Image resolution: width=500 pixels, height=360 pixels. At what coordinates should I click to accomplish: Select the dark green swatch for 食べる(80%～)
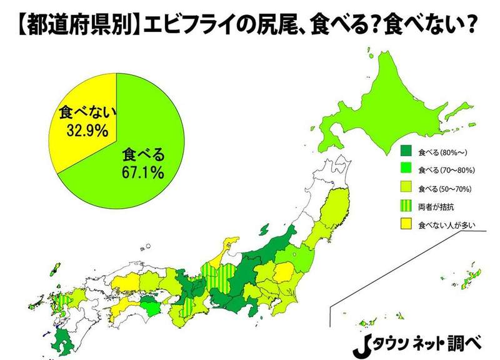point(406,151)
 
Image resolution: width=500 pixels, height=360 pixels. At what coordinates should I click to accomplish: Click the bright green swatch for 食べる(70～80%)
point(406,169)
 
